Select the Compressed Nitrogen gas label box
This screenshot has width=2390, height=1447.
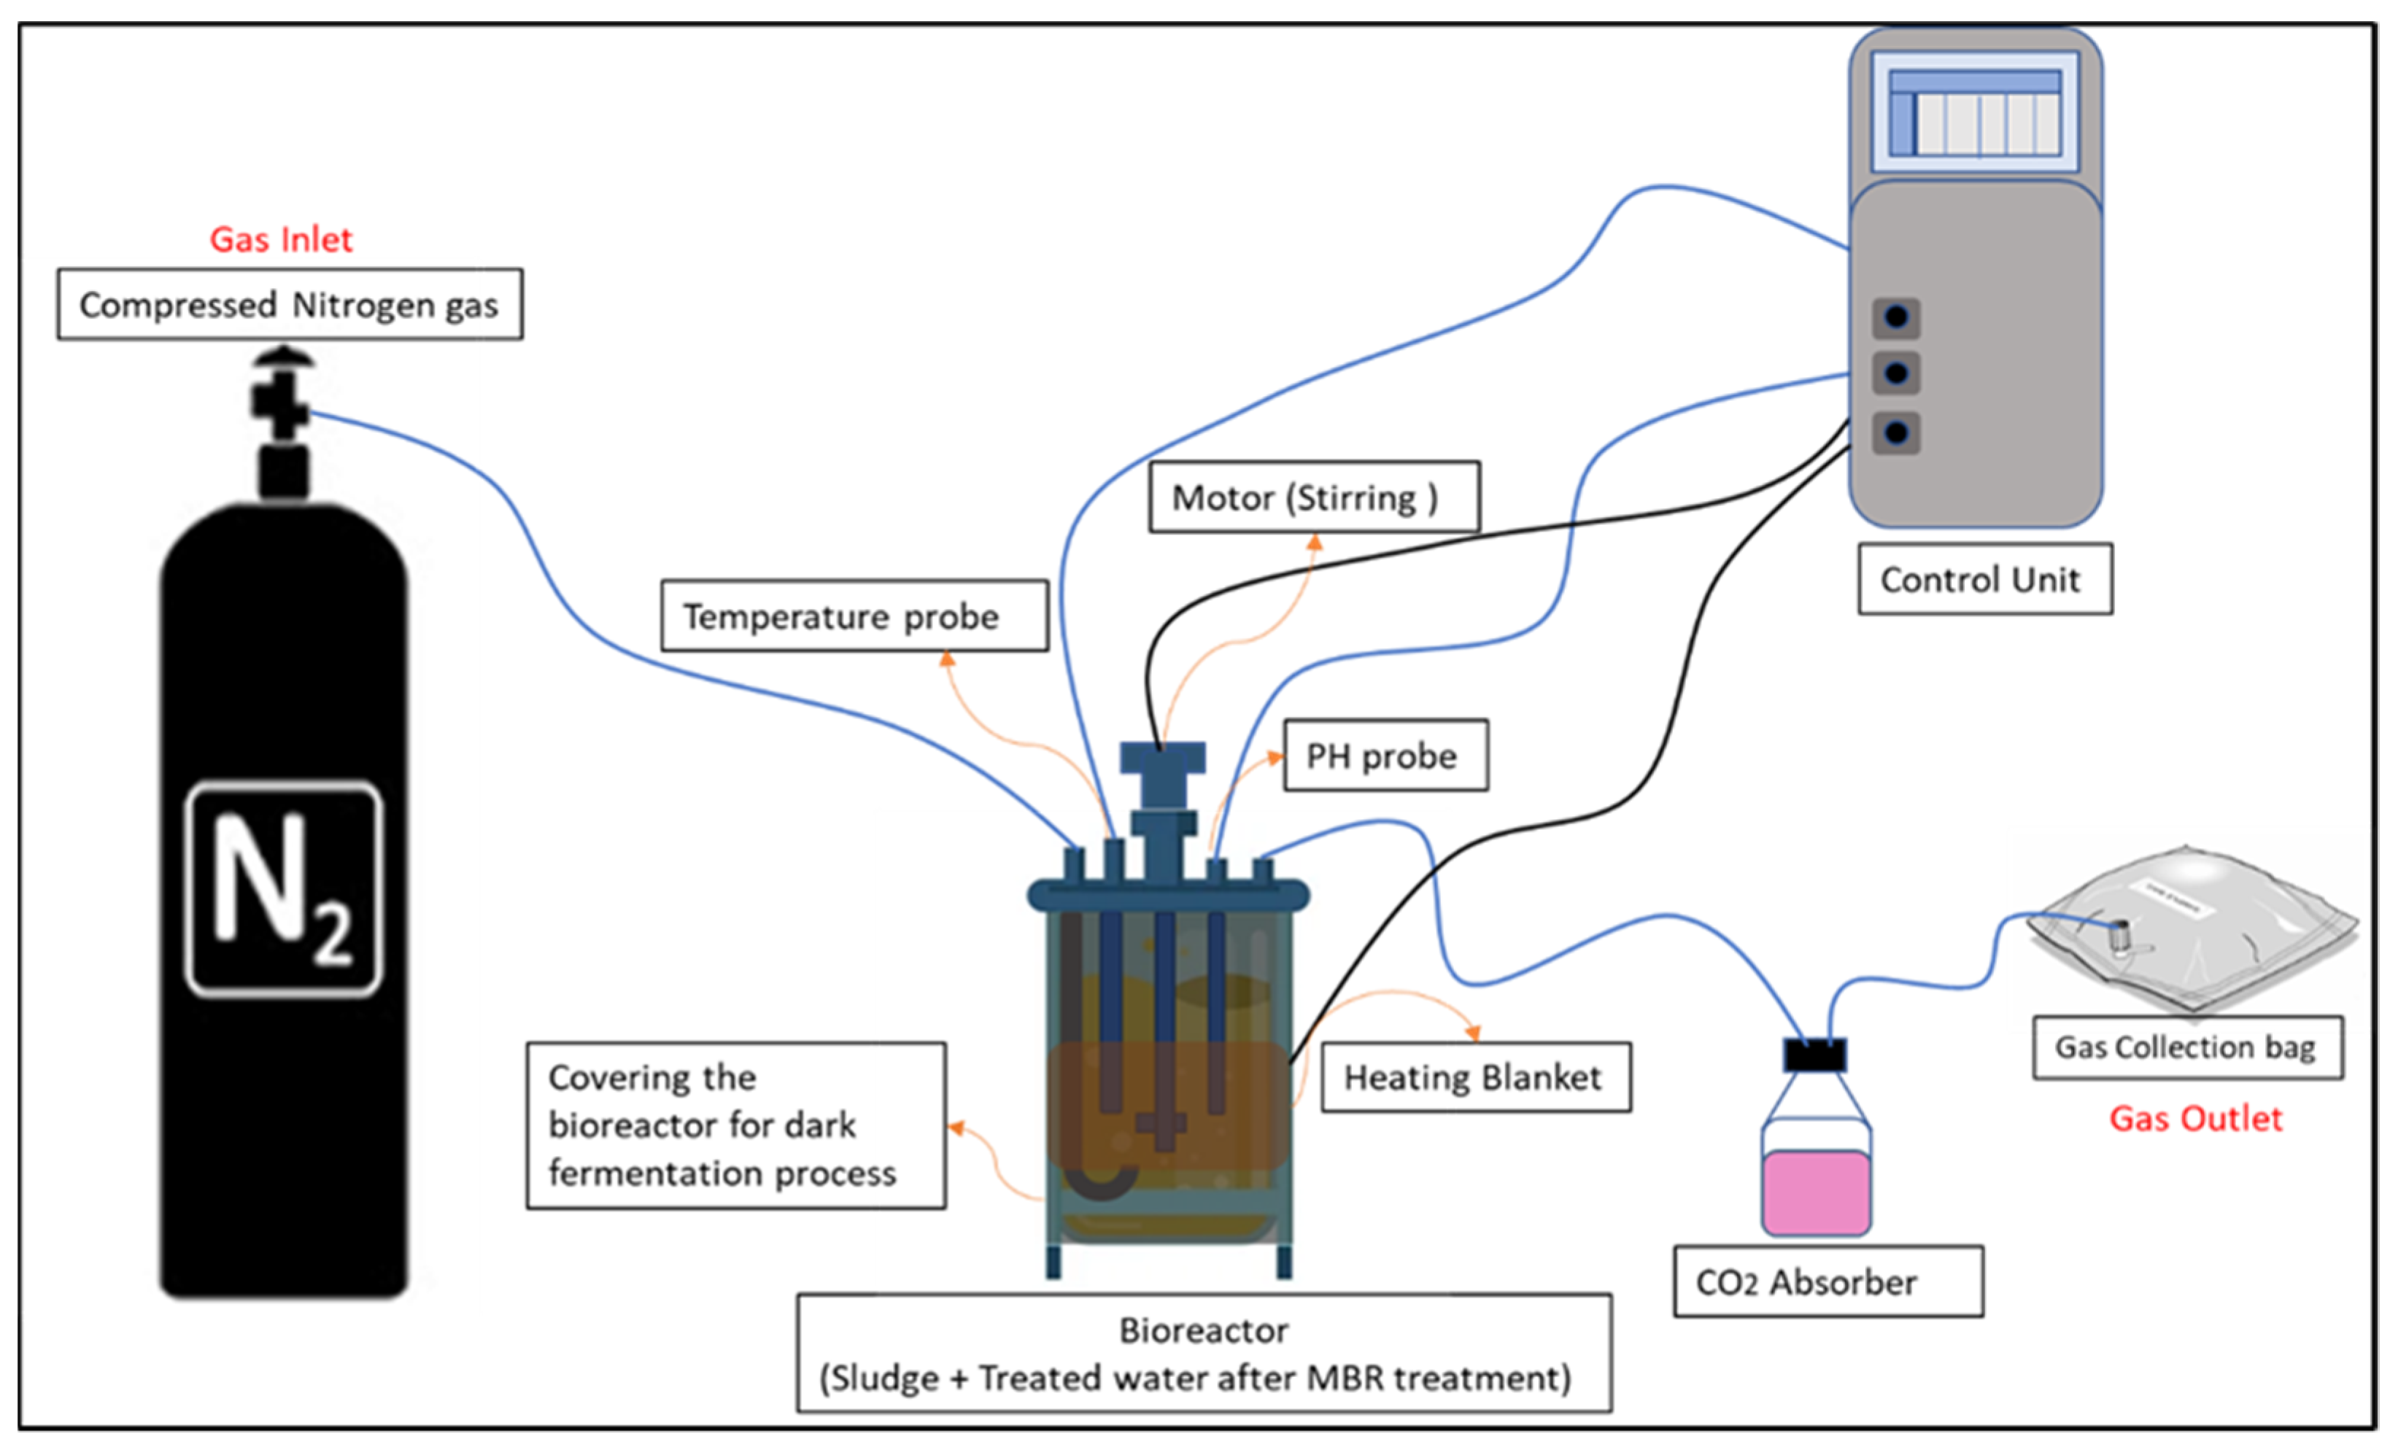point(289,305)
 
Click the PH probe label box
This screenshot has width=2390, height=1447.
point(1385,756)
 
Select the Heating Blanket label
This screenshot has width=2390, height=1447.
point(1474,1077)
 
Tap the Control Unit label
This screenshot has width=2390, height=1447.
point(1984,579)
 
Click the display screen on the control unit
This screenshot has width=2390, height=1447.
point(1975,112)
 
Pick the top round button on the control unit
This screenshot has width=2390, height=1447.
point(1896,317)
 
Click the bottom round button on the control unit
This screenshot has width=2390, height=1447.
point(1896,432)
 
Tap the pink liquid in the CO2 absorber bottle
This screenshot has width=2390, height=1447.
point(1816,1193)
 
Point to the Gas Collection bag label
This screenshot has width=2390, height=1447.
point(2187,1047)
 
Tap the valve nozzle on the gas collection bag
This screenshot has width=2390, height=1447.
point(2120,936)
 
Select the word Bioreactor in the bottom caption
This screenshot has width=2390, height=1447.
point(1203,1330)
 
